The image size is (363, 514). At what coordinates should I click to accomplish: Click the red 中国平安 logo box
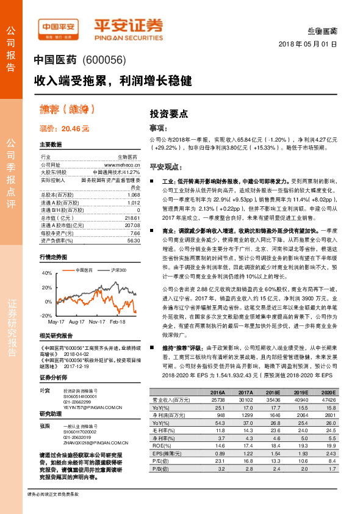(59, 26)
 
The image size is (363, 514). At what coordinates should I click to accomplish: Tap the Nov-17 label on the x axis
(97, 321)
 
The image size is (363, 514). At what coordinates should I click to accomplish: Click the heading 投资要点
(169, 114)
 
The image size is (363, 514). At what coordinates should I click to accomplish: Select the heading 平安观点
(167, 166)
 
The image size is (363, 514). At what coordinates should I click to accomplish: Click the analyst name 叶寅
(43, 389)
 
